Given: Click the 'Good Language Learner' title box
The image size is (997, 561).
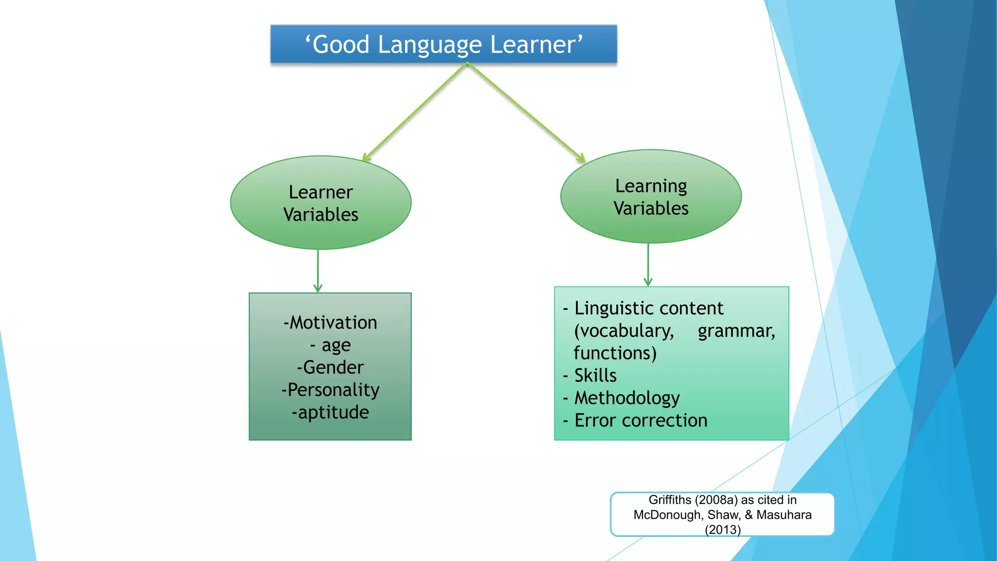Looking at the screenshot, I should (443, 44).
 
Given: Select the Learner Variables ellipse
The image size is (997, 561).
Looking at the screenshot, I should (321, 203).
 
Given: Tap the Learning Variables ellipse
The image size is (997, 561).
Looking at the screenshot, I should (651, 197).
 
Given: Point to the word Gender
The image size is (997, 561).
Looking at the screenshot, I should (333, 368).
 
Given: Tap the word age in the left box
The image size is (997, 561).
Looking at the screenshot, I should (336, 345).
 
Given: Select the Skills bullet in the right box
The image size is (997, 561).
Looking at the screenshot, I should (595, 375).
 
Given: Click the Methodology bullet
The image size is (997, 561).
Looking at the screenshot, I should (627, 398).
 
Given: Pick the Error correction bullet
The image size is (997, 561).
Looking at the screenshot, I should (641, 420).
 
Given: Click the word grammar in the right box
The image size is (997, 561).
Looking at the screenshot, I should (736, 331).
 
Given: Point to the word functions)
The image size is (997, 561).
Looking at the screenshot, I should (615, 353).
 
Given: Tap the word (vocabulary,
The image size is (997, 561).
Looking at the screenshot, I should (624, 331).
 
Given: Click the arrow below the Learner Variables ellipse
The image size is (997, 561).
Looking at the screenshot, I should (318, 271).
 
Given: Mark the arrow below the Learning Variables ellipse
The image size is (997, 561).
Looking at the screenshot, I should (648, 265).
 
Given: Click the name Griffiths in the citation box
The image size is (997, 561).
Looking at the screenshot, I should (670, 500).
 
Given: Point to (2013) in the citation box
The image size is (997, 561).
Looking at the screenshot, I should (722, 530).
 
